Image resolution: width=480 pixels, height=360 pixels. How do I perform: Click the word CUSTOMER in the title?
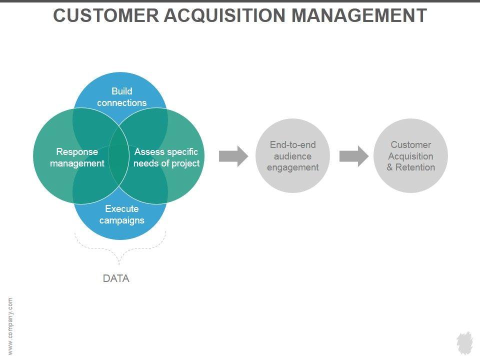coord(106,15)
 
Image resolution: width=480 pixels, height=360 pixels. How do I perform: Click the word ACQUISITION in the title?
coord(225,15)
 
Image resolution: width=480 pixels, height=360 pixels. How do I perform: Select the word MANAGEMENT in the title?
coord(359,15)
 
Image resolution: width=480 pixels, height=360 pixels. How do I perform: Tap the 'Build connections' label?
coord(122,96)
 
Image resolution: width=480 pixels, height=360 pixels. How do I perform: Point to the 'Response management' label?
coord(77,157)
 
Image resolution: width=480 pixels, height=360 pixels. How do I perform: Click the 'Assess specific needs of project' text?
coord(166,157)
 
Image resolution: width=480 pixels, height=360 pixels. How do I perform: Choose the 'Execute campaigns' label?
coord(122,214)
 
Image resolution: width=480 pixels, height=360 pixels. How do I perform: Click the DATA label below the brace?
coord(116,278)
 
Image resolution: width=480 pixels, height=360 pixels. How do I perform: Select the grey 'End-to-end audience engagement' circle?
coord(292,156)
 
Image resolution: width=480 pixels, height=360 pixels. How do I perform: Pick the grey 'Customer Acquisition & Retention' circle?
coord(410,156)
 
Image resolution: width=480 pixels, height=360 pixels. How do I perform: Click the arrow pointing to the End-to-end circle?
coord(233,156)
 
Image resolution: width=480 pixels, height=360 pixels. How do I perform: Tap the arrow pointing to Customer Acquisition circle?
coord(354,156)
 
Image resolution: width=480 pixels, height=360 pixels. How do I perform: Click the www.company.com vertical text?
coord(10,326)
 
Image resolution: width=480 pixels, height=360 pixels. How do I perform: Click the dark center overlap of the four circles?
coord(119,156)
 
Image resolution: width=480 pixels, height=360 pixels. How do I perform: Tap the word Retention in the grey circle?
coord(415,167)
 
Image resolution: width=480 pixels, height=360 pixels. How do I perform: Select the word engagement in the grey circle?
coord(292,168)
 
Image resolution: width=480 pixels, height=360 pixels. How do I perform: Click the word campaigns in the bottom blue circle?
coord(122,220)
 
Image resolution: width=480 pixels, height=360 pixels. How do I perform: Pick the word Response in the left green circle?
coord(77,152)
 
